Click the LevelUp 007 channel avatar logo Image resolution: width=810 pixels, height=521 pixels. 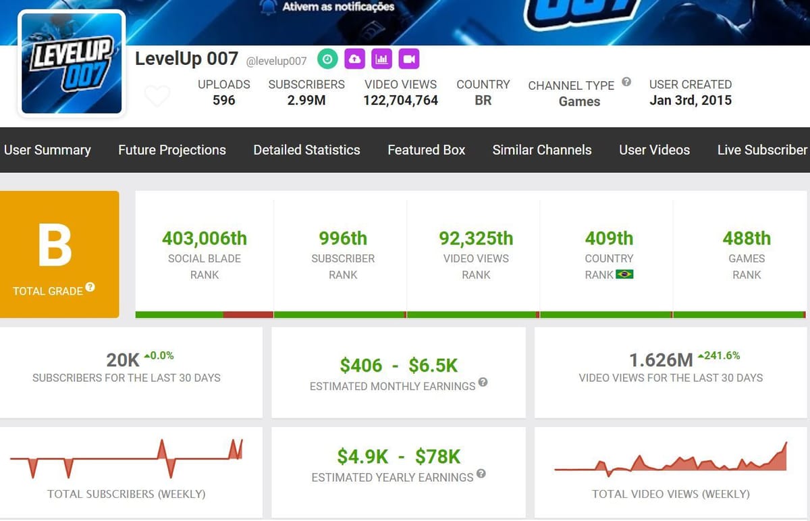click(x=72, y=64)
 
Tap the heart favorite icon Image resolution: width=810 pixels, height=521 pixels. click(x=157, y=96)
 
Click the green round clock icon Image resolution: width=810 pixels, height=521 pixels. click(x=327, y=59)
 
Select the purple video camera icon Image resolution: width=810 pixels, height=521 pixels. click(x=408, y=59)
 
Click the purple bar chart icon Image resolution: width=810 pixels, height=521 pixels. click(x=382, y=59)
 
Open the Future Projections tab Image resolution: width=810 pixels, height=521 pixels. click(x=172, y=150)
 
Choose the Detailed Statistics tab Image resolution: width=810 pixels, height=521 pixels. click(x=306, y=150)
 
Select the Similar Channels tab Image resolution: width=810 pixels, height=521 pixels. click(x=541, y=150)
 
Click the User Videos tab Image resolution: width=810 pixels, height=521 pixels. click(x=654, y=150)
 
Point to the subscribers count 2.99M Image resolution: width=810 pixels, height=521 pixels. click(x=306, y=101)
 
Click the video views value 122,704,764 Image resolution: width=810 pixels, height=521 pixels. click(x=400, y=101)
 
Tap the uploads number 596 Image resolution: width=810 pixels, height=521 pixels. click(x=223, y=101)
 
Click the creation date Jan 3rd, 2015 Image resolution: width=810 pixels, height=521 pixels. click(x=690, y=101)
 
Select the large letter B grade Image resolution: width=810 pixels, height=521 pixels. click(x=55, y=247)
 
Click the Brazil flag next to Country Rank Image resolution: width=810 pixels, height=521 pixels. click(x=624, y=274)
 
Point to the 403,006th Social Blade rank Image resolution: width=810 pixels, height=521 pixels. click(x=205, y=239)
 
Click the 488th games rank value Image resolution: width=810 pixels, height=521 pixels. click(x=746, y=239)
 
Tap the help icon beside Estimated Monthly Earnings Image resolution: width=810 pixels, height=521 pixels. click(x=483, y=382)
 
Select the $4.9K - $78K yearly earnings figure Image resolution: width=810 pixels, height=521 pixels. click(x=398, y=457)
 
